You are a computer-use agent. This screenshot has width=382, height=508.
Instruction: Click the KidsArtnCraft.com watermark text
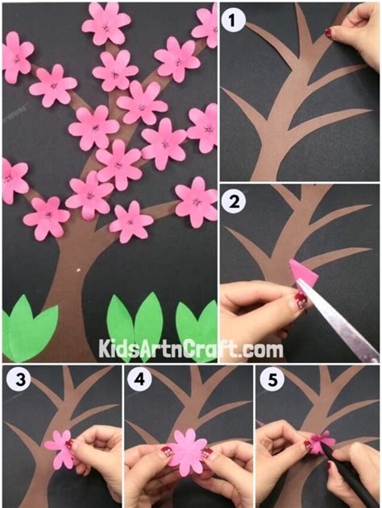pos(191,349)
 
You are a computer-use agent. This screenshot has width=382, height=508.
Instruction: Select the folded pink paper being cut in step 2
pos(301,275)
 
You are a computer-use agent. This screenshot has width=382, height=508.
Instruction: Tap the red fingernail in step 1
pos(329,32)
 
